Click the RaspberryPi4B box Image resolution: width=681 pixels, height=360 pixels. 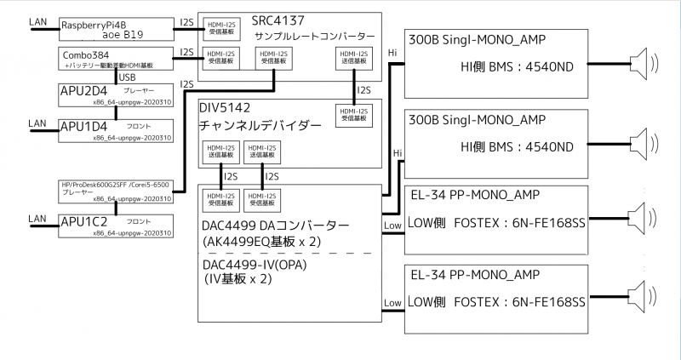point(115,30)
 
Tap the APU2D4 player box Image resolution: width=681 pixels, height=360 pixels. point(115,93)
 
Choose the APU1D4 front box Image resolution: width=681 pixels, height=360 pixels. point(115,129)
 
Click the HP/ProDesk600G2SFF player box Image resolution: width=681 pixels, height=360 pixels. point(115,191)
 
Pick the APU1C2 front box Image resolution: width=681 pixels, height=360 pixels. point(115,226)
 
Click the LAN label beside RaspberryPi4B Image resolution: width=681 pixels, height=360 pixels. point(38,21)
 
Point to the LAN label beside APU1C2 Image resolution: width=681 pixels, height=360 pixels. point(38,219)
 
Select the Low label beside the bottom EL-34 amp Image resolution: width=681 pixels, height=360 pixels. point(392,303)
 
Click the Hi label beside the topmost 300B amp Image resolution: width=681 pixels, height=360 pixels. point(392,54)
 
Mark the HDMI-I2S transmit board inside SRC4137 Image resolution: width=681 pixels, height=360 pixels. point(350,58)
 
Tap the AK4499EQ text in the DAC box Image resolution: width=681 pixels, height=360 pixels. point(247,241)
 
